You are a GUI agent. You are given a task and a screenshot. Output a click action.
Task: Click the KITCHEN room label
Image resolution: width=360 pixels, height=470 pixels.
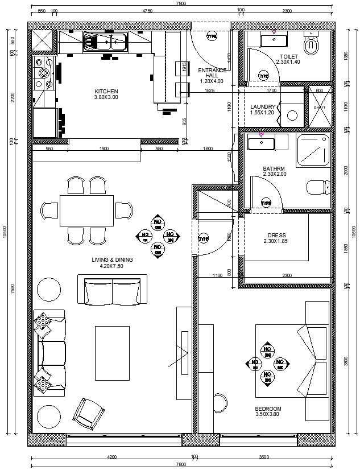106,91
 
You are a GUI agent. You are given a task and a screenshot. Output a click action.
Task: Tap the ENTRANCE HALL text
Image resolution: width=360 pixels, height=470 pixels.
212,73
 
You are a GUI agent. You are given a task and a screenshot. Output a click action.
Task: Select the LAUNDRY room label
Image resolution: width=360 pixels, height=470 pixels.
263,106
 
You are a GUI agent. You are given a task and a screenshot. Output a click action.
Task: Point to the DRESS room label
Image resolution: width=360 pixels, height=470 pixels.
276,235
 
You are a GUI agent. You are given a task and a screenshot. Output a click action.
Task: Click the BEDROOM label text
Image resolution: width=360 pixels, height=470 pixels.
268,409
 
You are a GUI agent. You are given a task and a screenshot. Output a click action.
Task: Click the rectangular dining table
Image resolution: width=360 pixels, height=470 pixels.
86,211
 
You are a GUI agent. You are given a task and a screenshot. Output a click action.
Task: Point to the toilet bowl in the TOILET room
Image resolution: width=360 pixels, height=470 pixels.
312,46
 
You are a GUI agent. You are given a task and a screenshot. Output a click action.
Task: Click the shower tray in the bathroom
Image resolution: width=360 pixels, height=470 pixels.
314,151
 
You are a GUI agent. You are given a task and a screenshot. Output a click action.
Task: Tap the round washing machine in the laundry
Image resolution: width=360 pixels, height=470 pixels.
292,115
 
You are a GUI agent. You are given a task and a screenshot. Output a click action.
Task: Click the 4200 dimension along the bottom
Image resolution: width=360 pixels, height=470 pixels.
111,456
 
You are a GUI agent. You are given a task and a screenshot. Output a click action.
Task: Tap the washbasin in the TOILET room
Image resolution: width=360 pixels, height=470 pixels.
274,40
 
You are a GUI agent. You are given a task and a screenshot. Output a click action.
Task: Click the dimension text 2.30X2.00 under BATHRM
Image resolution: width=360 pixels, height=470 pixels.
275,175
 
